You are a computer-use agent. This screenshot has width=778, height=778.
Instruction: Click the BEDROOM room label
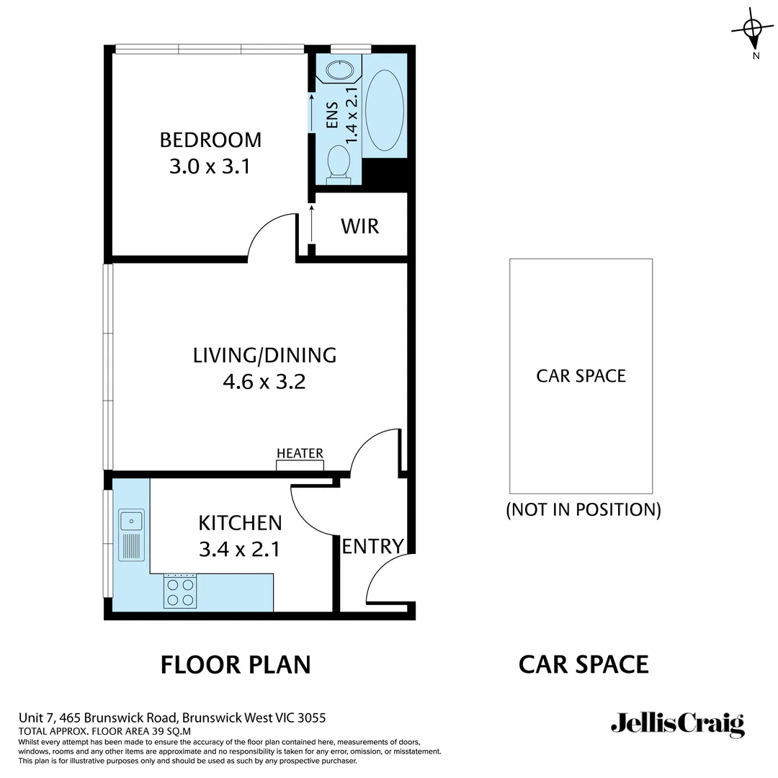(210, 139)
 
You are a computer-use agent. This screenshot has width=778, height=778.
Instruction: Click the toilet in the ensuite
(337, 161)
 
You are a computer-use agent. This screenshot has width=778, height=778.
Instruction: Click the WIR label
(359, 226)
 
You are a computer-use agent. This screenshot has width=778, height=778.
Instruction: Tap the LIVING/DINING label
(264, 355)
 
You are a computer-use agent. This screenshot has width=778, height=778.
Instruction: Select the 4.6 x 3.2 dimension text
(264, 381)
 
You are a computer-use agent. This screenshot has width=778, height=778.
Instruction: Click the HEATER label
(300, 453)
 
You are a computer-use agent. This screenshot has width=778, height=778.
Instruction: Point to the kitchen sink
(132, 519)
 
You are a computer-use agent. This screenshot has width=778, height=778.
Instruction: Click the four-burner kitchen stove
(180, 591)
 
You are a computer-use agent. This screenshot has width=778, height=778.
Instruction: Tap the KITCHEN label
(240, 522)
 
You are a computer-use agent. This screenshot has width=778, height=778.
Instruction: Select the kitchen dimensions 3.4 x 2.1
(239, 550)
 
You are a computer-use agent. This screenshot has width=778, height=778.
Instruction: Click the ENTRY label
(372, 546)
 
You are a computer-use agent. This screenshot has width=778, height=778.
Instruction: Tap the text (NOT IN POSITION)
(583, 510)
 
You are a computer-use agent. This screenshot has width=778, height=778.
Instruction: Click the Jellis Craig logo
(677, 724)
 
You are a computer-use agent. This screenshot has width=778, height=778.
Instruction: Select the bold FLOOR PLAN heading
(235, 664)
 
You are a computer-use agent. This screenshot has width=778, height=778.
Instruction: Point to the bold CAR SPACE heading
(583, 664)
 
